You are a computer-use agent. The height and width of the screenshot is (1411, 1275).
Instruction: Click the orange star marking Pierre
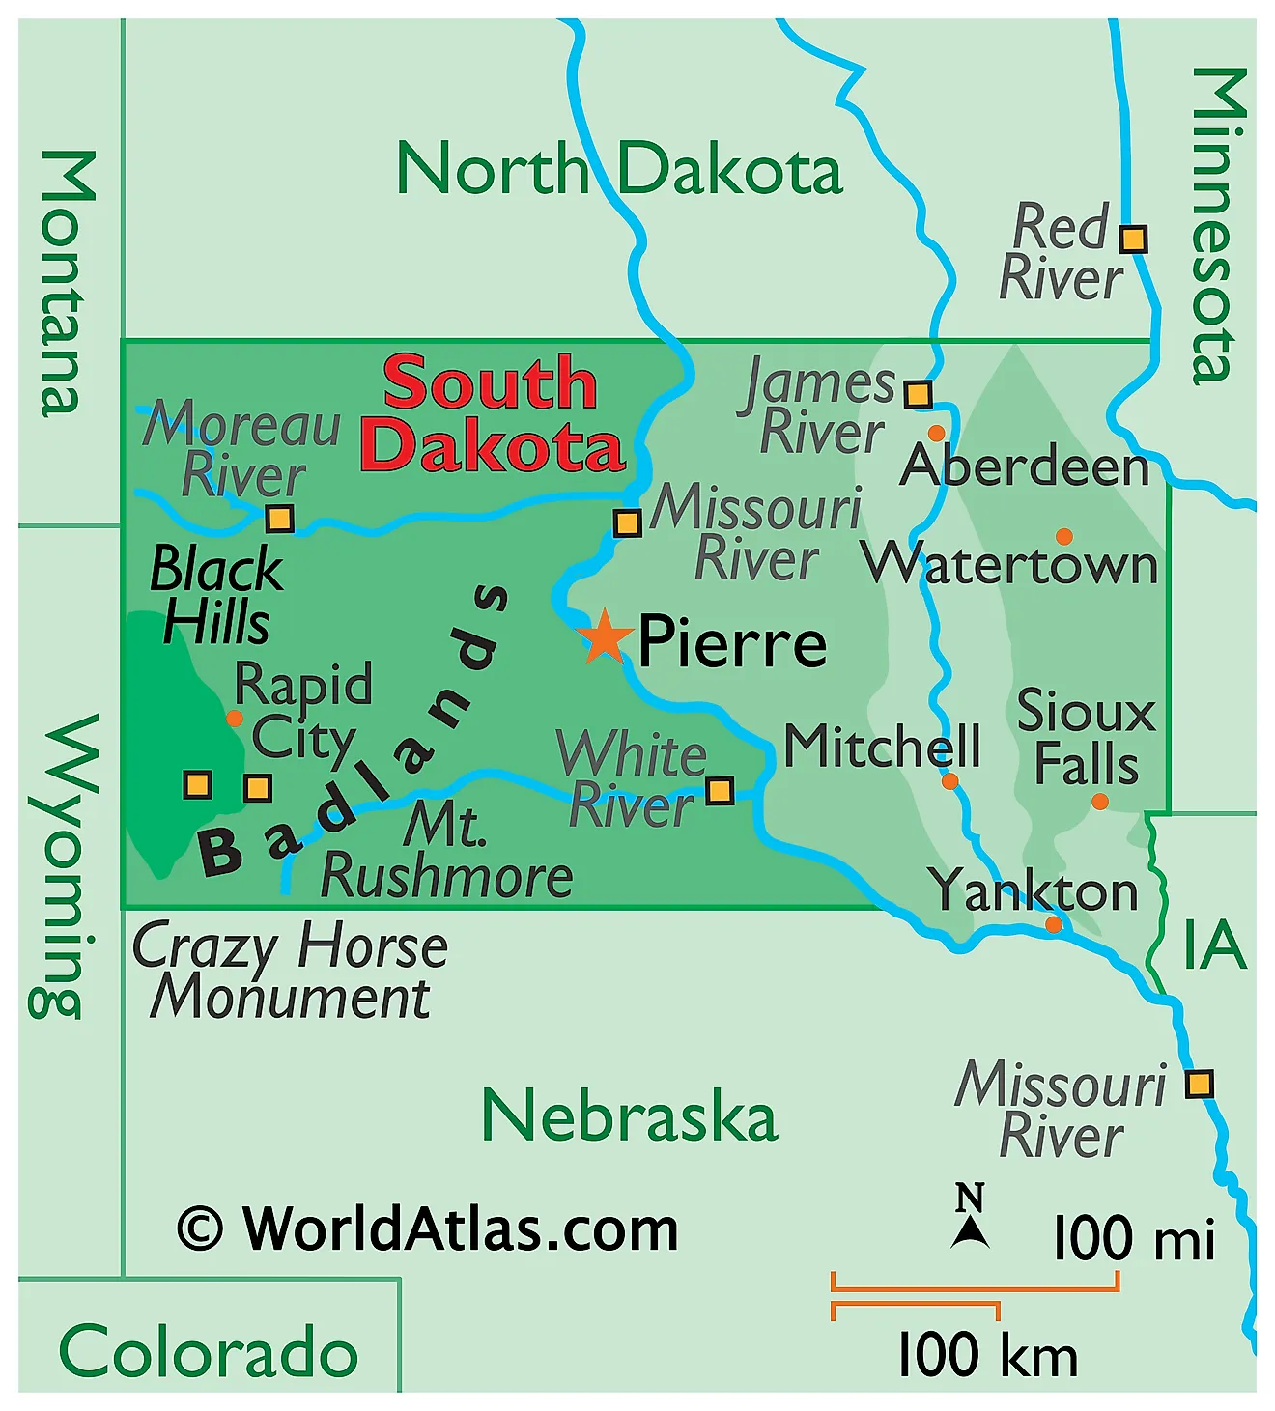[604, 636]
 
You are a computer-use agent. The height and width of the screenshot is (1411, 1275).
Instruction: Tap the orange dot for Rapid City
[234, 719]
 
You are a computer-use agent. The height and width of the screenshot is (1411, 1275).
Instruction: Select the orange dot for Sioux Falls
[1099, 802]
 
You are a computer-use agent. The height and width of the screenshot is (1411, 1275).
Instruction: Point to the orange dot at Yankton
[1053, 924]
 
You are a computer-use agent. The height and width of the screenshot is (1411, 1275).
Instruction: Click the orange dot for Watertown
[1063, 536]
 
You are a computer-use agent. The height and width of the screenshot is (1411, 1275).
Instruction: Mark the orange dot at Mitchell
[949, 780]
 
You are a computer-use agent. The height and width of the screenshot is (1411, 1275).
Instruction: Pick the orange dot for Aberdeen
[936, 433]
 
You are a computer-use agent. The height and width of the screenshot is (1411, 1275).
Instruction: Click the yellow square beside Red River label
[1133, 239]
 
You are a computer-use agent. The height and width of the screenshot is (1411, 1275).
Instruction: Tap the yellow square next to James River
[918, 394]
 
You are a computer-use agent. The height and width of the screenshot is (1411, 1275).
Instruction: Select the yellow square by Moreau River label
[280, 519]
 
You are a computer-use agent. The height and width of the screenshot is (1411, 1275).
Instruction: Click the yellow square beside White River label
[720, 791]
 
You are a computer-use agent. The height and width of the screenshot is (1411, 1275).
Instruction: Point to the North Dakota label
[619, 169]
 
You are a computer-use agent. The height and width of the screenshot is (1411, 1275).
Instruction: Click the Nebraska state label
[629, 1116]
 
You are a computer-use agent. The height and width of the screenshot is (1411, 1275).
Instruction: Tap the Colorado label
[209, 1351]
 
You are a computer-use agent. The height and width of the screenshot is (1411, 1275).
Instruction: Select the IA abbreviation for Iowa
[1214, 945]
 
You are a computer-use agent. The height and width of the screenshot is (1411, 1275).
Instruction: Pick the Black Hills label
[216, 595]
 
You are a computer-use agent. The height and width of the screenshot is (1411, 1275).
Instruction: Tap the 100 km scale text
[986, 1354]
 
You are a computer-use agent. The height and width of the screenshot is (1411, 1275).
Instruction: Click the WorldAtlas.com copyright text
[428, 1228]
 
